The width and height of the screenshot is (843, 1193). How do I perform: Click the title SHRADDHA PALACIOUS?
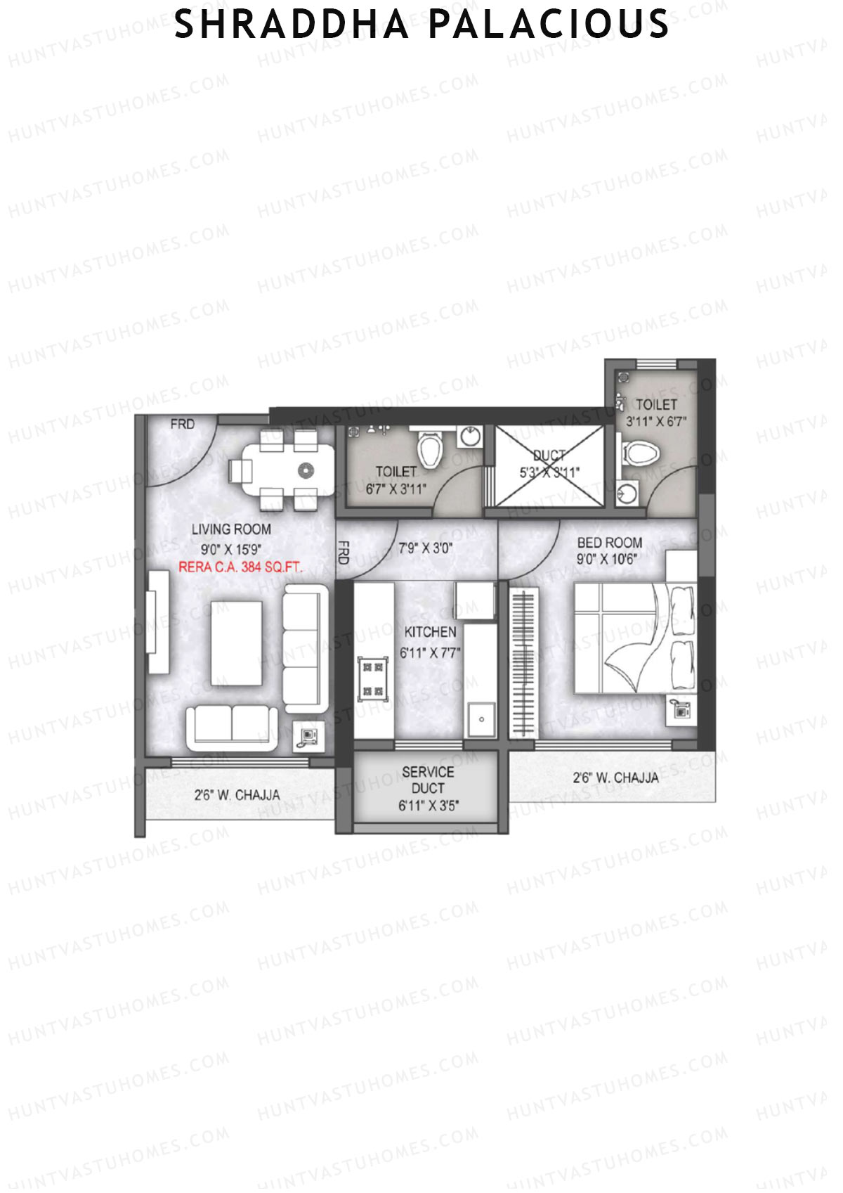(421, 25)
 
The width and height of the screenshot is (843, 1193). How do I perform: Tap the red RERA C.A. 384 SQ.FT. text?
(240, 567)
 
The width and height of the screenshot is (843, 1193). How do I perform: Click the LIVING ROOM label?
(231, 529)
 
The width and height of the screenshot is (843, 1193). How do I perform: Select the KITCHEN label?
(430, 632)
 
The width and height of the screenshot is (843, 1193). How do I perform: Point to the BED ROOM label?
(609, 543)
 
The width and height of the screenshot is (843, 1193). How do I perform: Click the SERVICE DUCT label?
(428, 780)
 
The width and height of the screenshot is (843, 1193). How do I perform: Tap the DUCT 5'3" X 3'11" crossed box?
(549, 465)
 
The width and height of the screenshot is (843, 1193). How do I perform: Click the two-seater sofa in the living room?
(231, 728)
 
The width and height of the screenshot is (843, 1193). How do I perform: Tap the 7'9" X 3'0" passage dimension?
(426, 548)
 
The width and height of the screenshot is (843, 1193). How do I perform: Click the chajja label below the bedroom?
(615, 778)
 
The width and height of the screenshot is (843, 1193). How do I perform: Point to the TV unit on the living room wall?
(157, 621)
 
